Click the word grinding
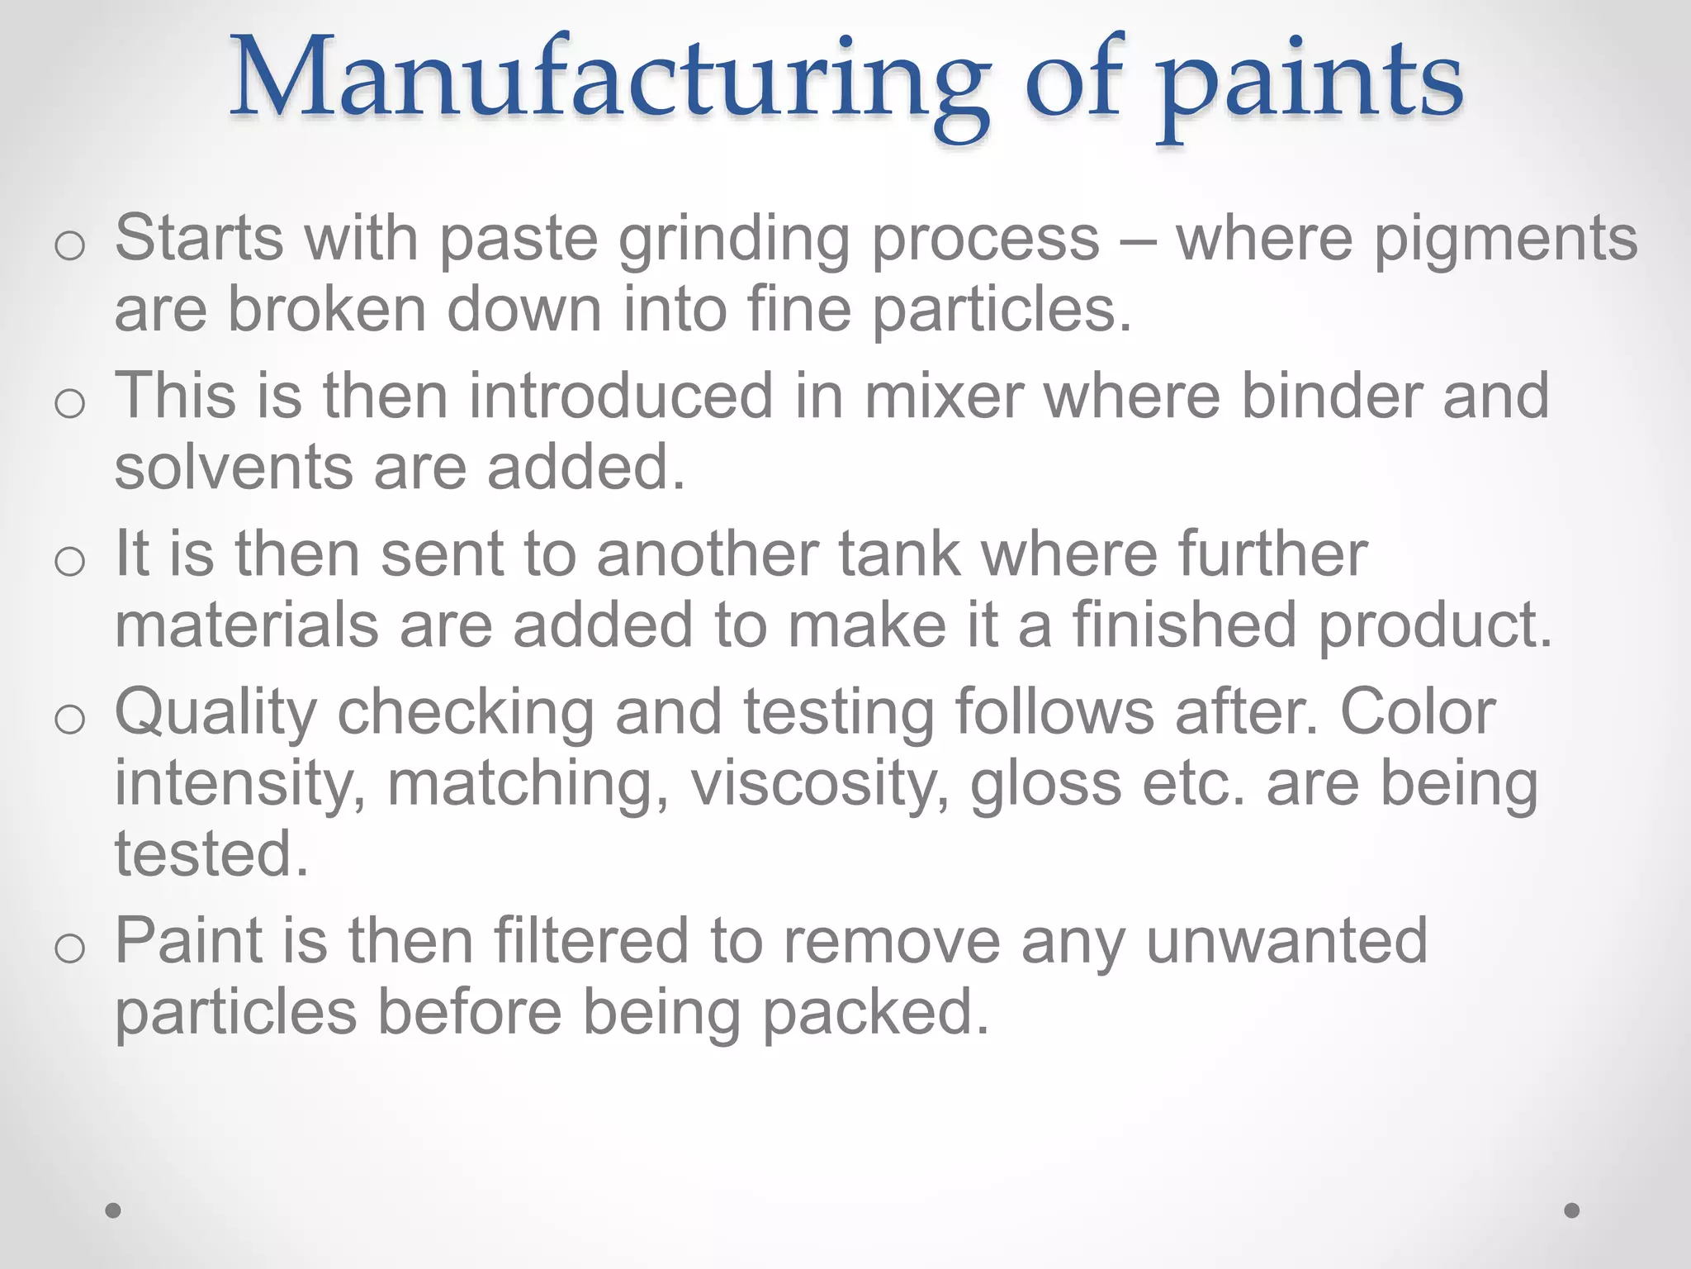(x=734, y=240)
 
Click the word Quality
(x=216, y=714)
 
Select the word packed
(x=875, y=1013)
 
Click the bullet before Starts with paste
(x=69, y=245)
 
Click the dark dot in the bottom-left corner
(x=114, y=1210)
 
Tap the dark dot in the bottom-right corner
(x=1572, y=1210)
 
